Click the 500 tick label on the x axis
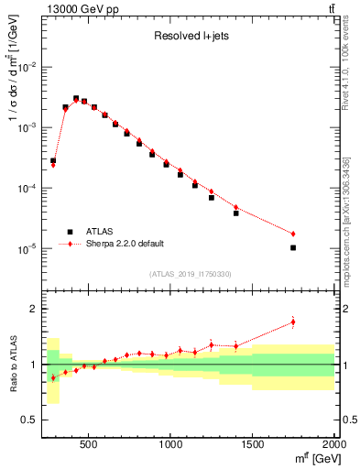(89, 444)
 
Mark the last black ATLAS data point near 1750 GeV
(293, 247)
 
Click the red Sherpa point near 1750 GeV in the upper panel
(293, 234)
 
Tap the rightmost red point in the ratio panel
(293, 322)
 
